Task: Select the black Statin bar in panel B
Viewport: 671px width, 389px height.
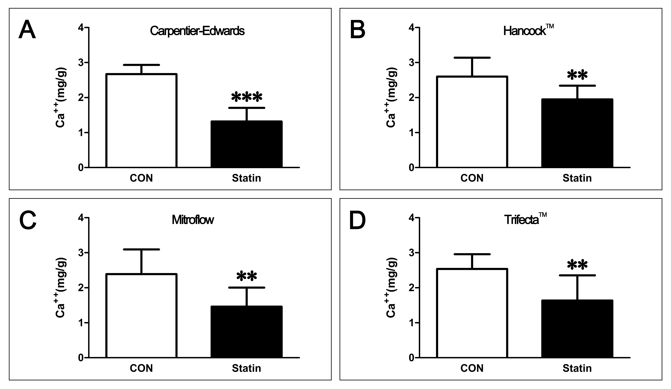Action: click(x=577, y=133)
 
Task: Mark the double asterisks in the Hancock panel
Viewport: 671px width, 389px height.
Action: click(x=577, y=75)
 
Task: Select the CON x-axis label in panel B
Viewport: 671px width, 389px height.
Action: click(x=472, y=178)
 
